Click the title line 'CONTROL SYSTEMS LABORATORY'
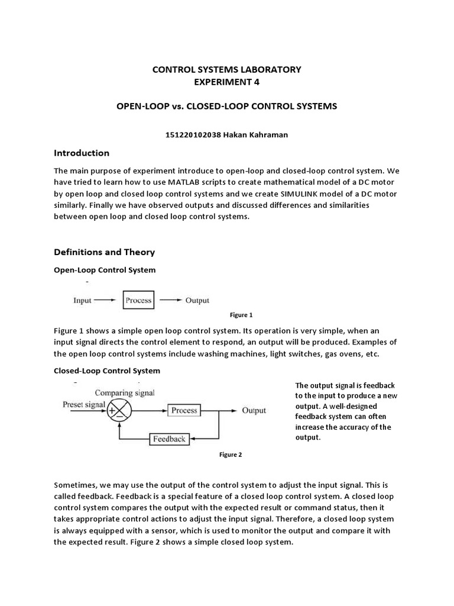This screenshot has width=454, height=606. tap(227, 69)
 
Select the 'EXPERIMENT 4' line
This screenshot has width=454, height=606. tap(227, 82)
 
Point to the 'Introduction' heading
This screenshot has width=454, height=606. tap(82, 153)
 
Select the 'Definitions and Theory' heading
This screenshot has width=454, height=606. tap(104, 252)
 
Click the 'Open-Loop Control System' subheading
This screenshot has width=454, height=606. tap(105, 270)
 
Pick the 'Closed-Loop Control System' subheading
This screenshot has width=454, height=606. tap(107, 370)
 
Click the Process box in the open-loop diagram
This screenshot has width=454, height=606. tap(138, 300)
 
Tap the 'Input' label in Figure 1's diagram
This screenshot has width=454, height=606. tap(82, 300)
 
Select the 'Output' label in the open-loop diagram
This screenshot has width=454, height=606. tap(197, 300)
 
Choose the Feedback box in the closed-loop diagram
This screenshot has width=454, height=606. tap(170, 439)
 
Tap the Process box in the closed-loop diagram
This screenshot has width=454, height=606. tap(184, 410)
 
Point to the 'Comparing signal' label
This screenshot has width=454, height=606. tap(124, 392)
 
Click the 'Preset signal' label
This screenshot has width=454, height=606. tap(83, 405)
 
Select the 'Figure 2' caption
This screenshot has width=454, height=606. tap(231, 454)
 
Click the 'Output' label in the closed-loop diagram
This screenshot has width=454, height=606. tap(254, 410)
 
